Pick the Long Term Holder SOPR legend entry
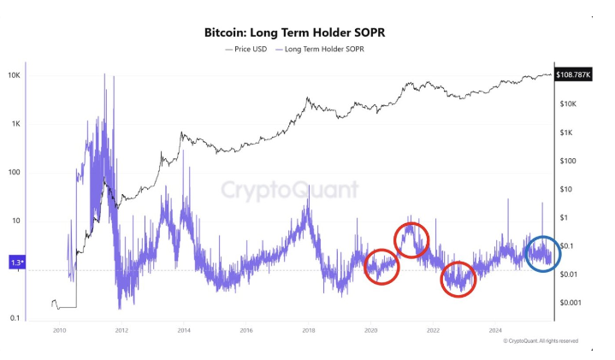[x=323, y=49]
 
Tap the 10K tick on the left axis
[x=15, y=75]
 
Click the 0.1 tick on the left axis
[x=15, y=318]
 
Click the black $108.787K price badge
[x=576, y=75]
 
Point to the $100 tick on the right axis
[x=570, y=161]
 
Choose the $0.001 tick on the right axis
[x=571, y=303]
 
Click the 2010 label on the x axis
[x=59, y=330]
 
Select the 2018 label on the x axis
[x=308, y=330]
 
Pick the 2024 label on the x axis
[x=495, y=330]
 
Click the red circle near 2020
[x=381, y=267]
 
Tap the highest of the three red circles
[x=411, y=239]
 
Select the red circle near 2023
[x=458, y=279]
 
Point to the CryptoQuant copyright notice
[x=541, y=340]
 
